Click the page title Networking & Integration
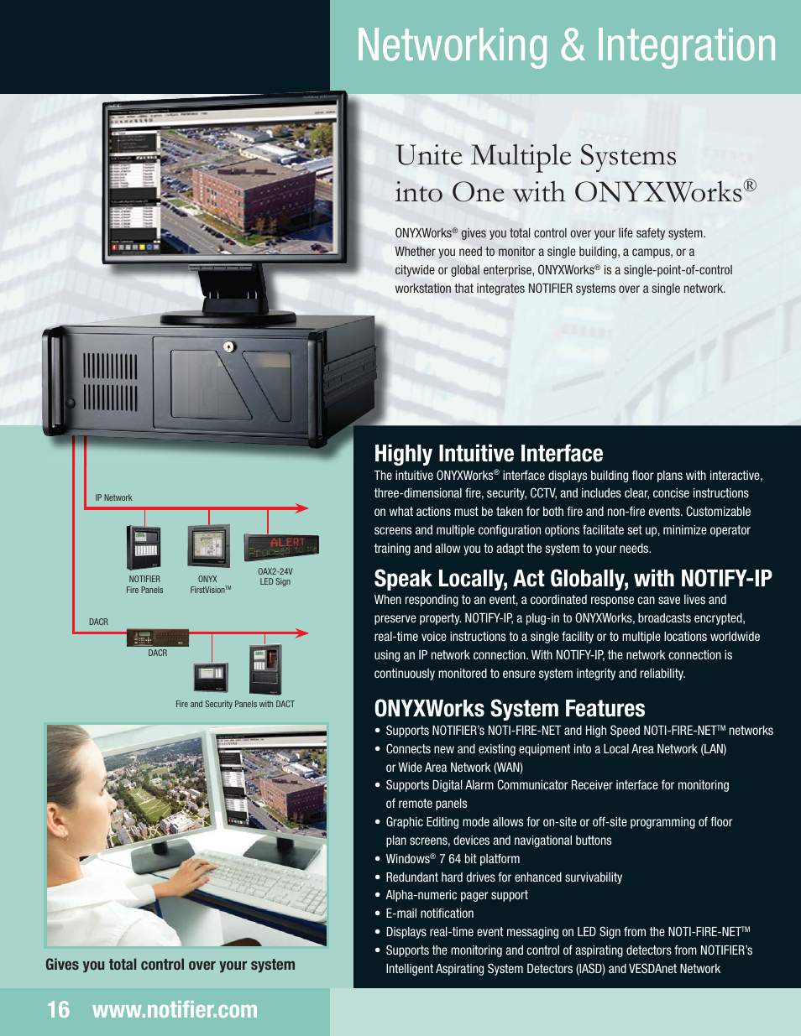[x=566, y=46]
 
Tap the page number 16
[x=58, y=1010]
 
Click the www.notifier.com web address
[x=175, y=1010]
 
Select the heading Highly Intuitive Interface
[x=488, y=454]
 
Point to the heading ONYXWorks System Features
[x=509, y=709]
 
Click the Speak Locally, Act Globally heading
[x=573, y=579]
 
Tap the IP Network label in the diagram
[x=113, y=498]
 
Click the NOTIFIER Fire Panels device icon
[x=143, y=547]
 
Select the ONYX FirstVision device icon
[x=208, y=547]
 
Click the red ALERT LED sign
[x=281, y=547]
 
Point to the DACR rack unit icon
[x=157, y=638]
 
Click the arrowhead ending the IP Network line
[x=302, y=508]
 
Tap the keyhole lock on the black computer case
[x=228, y=346]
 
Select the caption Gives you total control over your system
[x=170, y=965]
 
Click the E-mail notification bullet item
[x=429, y=914]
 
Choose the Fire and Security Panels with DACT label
[x=235, y=705]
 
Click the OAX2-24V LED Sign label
[x=275, y=577]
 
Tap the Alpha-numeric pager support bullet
[x=456, y=895]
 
